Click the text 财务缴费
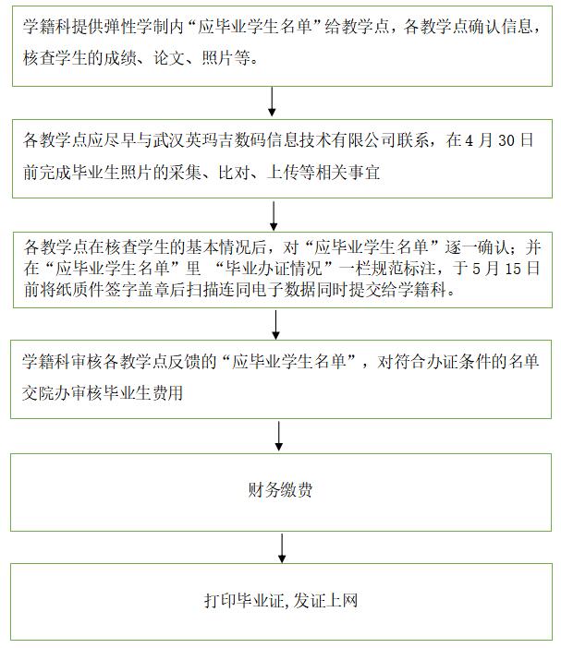pyautogui.click(x=280, y=490)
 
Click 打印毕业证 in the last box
pyautogui.click(x=243, y=601)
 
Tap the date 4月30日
pyautogui.click(x=499, y=140)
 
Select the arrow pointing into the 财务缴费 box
pyautogui.click(x=279, y=436)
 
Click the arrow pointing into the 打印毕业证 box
pyautogui.click(x=282, y=548)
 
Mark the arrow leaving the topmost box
pyautogui.click(x=272, y=102)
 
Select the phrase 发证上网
pyautogui.click(x=325, y=601)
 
